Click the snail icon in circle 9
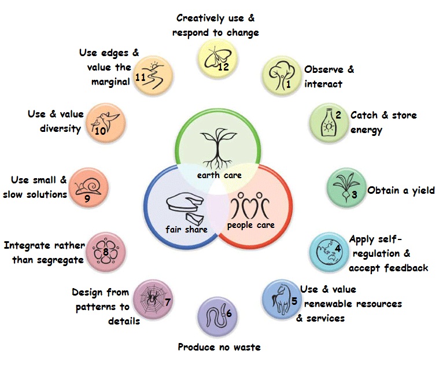(86, 187)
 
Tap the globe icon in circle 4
(326, 252)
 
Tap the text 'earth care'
(219, 175)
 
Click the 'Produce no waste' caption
(219, 347)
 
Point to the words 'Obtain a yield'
(400, 190)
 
